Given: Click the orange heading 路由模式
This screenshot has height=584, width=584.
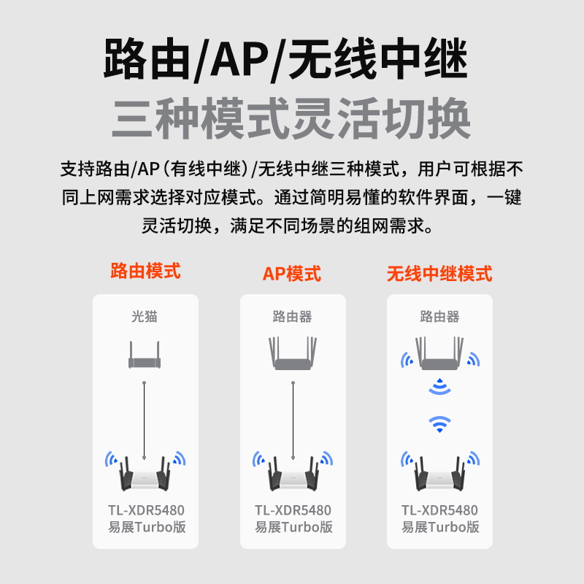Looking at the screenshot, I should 145,272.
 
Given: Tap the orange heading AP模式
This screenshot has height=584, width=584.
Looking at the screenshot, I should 292,274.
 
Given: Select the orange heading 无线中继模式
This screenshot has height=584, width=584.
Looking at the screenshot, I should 439,274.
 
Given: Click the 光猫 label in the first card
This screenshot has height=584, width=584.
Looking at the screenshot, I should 145,317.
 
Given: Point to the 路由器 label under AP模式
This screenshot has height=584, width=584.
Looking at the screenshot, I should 292,317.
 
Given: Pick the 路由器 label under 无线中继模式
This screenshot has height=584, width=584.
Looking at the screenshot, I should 439,317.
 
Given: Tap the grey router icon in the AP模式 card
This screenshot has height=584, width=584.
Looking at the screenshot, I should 293,354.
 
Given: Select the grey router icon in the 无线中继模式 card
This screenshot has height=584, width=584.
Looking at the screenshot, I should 439,354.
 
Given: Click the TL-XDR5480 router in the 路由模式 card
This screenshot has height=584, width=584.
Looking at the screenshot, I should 145,474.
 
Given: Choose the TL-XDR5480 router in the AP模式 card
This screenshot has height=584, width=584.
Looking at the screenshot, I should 293,474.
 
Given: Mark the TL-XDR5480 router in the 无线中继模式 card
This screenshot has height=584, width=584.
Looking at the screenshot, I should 439,474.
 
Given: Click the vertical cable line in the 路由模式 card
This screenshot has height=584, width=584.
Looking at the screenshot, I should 145,416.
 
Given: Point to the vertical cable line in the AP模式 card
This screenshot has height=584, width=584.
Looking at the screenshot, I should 293,416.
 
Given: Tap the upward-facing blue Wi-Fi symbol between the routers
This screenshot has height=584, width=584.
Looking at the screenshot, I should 439,423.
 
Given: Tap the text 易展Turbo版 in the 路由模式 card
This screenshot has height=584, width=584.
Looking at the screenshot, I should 145,526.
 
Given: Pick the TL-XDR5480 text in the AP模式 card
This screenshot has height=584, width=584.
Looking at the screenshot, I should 293,510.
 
